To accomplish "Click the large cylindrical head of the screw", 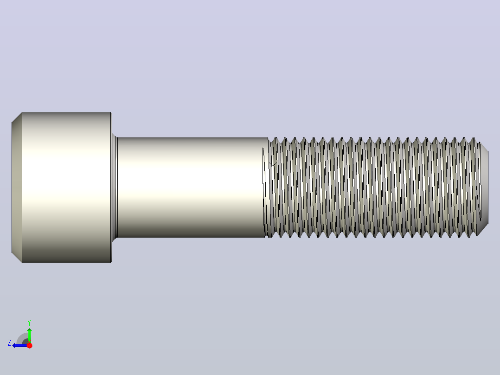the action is [62, 187].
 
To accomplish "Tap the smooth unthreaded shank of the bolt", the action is [191, 187].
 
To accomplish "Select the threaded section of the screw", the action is [373, 187].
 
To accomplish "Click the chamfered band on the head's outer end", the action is [17, 187].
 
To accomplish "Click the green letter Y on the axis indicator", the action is [29, 323].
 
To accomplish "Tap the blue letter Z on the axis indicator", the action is [9, 343].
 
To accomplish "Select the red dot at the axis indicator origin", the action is [29, 345].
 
